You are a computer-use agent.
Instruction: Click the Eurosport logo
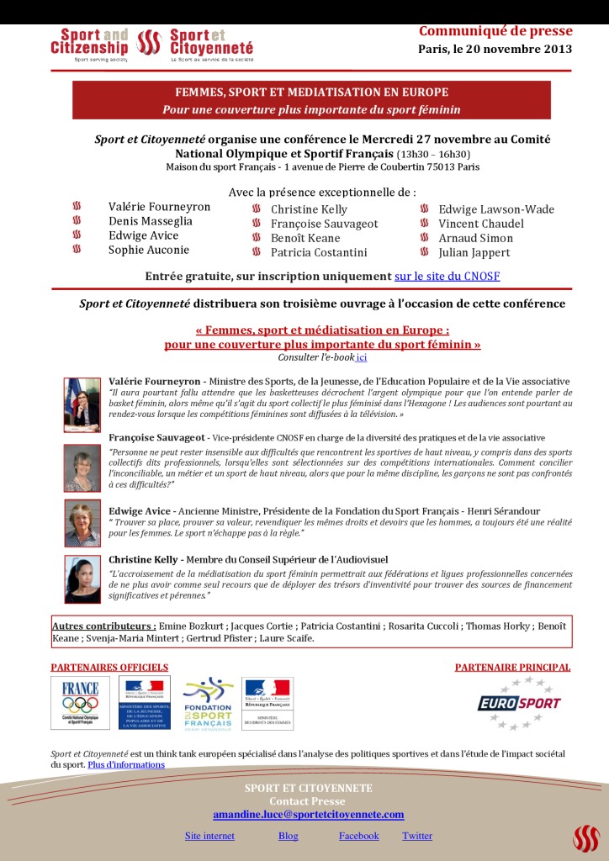pyautogui.click(x=519, y=703)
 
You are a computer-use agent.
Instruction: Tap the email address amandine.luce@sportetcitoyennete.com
pyautogui.click(x=309, y=815)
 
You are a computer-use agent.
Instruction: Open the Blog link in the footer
pyautogui.click(x=289, y=836)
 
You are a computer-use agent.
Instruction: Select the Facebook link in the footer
pyautogui.click(x=359, y=836)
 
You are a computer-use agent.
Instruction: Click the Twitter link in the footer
pyautogui.click(x=417, y=836)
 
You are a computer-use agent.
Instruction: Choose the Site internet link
pyautogui.click(x=209, y=836)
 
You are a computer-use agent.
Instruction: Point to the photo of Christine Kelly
pyautogui.click(x=82, y=579)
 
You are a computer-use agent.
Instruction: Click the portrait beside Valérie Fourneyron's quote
pyautogui.click(x=82, y=404)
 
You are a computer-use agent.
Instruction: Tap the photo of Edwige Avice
pyautogui.click(x=82, y=524)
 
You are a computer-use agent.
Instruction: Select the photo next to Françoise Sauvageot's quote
pyautogui.click(x=82, y=468)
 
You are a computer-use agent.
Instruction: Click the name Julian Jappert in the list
pyautogui.click(x=474, y=252)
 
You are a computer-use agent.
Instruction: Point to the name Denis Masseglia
pyautogui.click(x=151, y=221)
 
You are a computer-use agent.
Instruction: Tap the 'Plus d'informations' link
pyautogui.click(x=126, y=765)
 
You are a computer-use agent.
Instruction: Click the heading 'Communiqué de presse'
pyautogui.click(x=495, y=32)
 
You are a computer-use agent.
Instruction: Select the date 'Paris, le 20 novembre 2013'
pyautogui.click(x=495, y=49)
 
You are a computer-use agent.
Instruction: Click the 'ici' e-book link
pyautogui.click(x=362, y=357)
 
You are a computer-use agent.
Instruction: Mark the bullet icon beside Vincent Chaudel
pyautogui.click(x=424, y=224)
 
